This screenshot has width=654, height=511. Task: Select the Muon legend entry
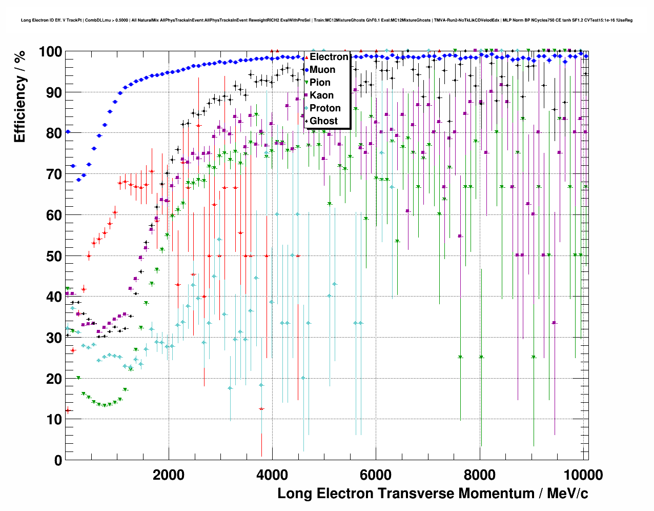322,70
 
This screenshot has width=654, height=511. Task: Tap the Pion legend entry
320,83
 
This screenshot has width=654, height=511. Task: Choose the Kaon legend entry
321,95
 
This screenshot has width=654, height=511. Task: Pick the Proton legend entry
325,108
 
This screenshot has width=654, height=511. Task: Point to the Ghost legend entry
323,121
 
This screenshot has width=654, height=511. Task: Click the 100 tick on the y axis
51,52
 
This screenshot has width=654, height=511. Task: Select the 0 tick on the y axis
58,460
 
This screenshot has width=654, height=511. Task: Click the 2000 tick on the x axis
169,475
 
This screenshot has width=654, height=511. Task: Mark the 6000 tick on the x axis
376,475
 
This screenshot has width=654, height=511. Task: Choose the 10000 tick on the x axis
583,475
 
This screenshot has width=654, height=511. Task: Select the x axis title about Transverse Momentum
433,494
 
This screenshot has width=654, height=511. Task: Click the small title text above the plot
326,21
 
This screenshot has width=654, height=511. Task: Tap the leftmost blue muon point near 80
68,132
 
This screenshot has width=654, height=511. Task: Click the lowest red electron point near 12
68,410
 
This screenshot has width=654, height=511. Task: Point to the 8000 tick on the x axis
479,475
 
